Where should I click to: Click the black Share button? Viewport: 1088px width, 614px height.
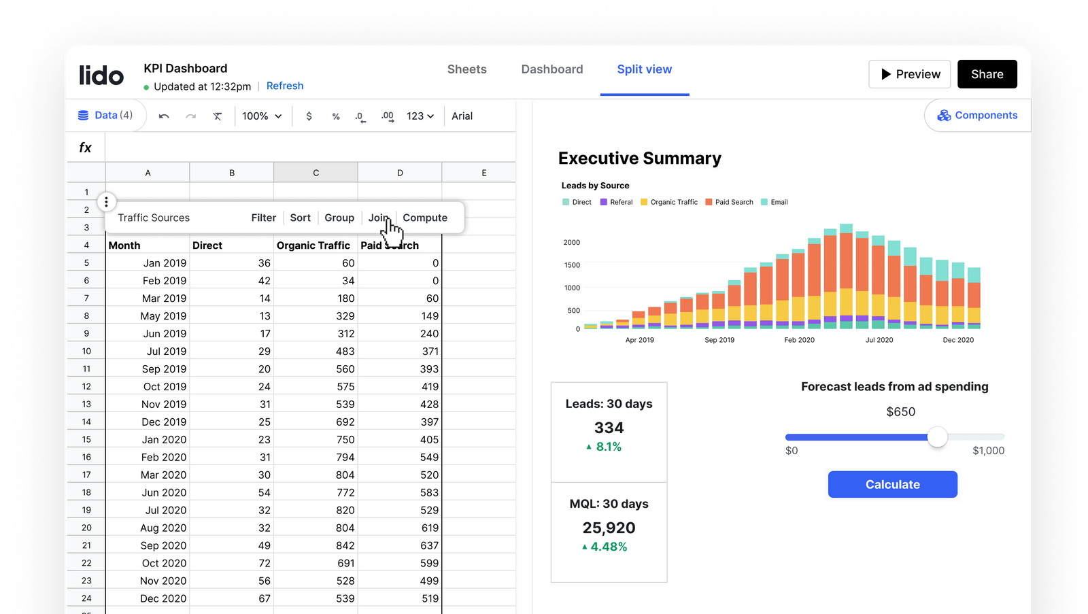click(987, 74)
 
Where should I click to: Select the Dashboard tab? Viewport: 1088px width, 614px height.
click(551, 69)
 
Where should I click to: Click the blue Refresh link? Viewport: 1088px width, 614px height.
click(284, 86)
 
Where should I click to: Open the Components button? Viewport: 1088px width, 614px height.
click(978, 116)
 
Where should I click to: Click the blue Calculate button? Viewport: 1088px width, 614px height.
click(892, 484)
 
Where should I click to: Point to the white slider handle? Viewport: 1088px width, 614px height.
click(937, 437)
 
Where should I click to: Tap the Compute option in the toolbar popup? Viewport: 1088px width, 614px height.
click(424, 218)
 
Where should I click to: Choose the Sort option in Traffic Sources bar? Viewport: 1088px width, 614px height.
click(300, 218)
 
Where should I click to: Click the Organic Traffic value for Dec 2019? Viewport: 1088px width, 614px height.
click(345, 422)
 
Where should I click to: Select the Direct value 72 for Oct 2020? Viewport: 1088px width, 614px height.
click(264, 563)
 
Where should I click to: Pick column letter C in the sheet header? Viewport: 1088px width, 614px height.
click(316, 173)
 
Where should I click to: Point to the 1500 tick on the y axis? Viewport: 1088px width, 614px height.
click(572, 265)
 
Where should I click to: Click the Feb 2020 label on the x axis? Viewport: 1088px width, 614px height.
click(799, 340)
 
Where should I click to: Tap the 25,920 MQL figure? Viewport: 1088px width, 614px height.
click(609, 528)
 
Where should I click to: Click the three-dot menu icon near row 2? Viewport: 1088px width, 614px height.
click(106, 202)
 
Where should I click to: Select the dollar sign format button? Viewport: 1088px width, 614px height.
click(309, 116)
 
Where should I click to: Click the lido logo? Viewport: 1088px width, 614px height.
click(101, 75)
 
